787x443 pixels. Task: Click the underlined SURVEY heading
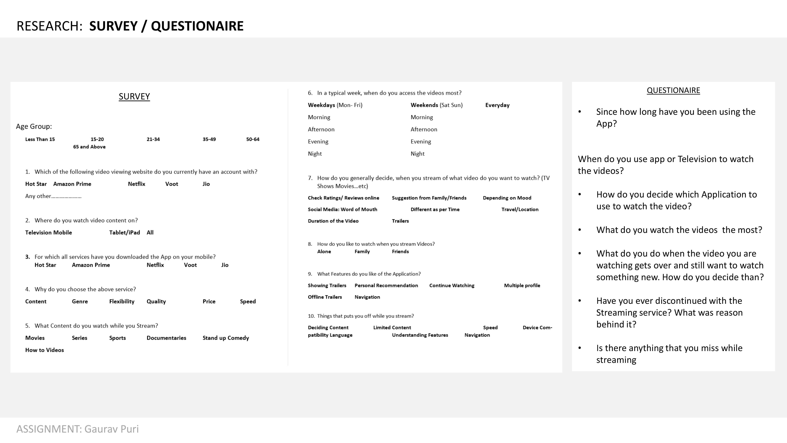tap(134, 97)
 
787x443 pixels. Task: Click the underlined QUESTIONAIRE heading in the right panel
tap(673, 91)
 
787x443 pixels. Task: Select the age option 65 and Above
tap(89, 147)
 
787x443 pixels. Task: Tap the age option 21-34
tap(153, 139)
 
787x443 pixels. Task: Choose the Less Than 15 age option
tap(40, 139)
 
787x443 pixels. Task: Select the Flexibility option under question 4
tap(122, 301)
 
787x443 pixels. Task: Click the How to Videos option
tap(45, 350)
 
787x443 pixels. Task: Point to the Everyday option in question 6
tap(497, 105)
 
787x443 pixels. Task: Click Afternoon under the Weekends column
tap(424, 129)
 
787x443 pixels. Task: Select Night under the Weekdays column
tap(315, 154)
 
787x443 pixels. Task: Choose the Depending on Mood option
tap(507, 198)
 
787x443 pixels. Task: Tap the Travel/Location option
tap(520, 209)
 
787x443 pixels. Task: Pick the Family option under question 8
tap(362, 252)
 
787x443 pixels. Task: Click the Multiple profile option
tap(522, 285)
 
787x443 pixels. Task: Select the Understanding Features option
tap(420, 335)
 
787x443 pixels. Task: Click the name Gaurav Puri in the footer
tap(112, 429)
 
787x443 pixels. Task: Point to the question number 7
tap(310, 178)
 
